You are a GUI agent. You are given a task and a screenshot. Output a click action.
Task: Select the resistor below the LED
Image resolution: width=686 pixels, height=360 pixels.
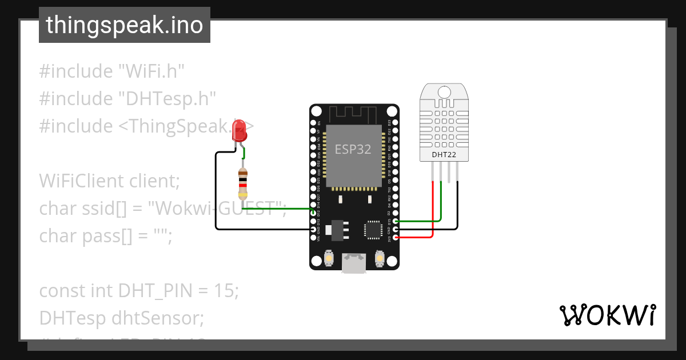tap(243, 184)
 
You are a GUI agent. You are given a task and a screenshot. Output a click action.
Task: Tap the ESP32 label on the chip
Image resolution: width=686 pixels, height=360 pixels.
tap(353, 150)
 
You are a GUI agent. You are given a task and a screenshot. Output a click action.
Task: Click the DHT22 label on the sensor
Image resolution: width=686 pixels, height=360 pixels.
tap(444, 155)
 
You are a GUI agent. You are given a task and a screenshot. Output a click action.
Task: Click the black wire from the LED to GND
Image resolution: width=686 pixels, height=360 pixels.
tap(216, 194)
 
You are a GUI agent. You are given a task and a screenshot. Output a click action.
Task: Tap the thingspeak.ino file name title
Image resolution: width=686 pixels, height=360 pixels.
tap(124, 25)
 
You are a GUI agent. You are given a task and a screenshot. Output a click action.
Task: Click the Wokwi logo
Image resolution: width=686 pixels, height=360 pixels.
tap(607, 315)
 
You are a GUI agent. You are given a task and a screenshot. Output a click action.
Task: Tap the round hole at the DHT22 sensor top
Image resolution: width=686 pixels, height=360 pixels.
tap(444, 91)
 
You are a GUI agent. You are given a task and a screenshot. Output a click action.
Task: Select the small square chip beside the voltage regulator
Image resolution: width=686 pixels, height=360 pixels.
tap(373, 229)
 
